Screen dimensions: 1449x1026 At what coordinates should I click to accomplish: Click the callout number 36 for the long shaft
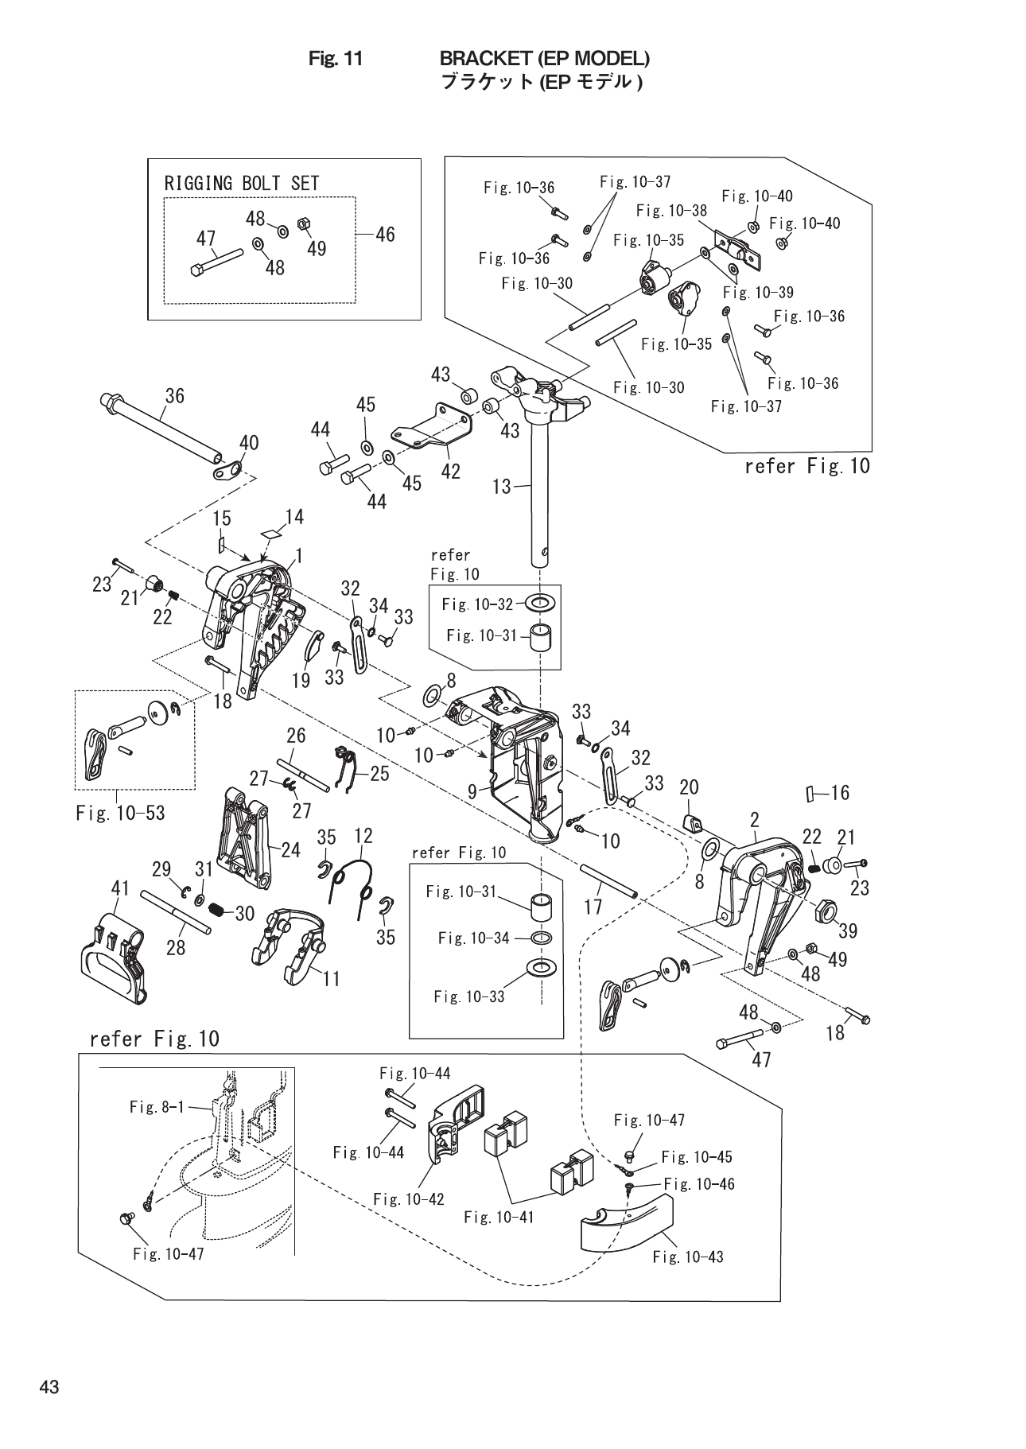click(x=174, y=395)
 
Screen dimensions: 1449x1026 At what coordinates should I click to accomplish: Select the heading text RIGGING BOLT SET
click(x=242, y=183)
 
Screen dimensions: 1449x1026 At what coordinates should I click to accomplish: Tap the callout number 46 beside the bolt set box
click(x=384, y=234)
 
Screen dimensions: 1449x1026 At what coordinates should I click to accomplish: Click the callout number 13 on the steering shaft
click(x=502, y=485)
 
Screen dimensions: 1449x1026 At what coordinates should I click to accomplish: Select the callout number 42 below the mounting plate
click(x=450, y=472)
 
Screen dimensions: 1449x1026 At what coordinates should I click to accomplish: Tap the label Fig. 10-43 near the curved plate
click(x=688, y=1257)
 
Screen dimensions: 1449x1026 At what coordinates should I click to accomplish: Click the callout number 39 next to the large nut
click(x=848, y=930)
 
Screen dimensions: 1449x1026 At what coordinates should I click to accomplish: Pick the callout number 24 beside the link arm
click(x=290, y=850)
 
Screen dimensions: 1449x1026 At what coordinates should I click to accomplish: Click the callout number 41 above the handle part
click(x=120, y=887)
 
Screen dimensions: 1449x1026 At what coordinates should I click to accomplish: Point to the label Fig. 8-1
click(x=156, y=1106)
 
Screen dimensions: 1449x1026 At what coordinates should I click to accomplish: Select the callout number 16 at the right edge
click(x=838, y=792)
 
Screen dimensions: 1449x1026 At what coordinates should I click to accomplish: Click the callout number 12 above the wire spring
click(x=363, y=836)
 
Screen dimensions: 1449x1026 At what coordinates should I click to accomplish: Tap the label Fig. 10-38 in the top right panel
click(x=671, y=211)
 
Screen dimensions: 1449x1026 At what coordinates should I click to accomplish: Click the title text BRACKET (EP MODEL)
click(x=545, y=58)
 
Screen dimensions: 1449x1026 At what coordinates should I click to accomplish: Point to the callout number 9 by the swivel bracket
click(x=472, y=791)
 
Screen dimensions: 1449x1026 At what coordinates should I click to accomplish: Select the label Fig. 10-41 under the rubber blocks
click(x=499, y=1216)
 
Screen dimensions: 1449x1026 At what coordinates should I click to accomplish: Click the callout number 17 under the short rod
click(x=593, y=906)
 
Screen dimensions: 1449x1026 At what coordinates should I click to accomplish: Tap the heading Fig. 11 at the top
click(x=336, y=58)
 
